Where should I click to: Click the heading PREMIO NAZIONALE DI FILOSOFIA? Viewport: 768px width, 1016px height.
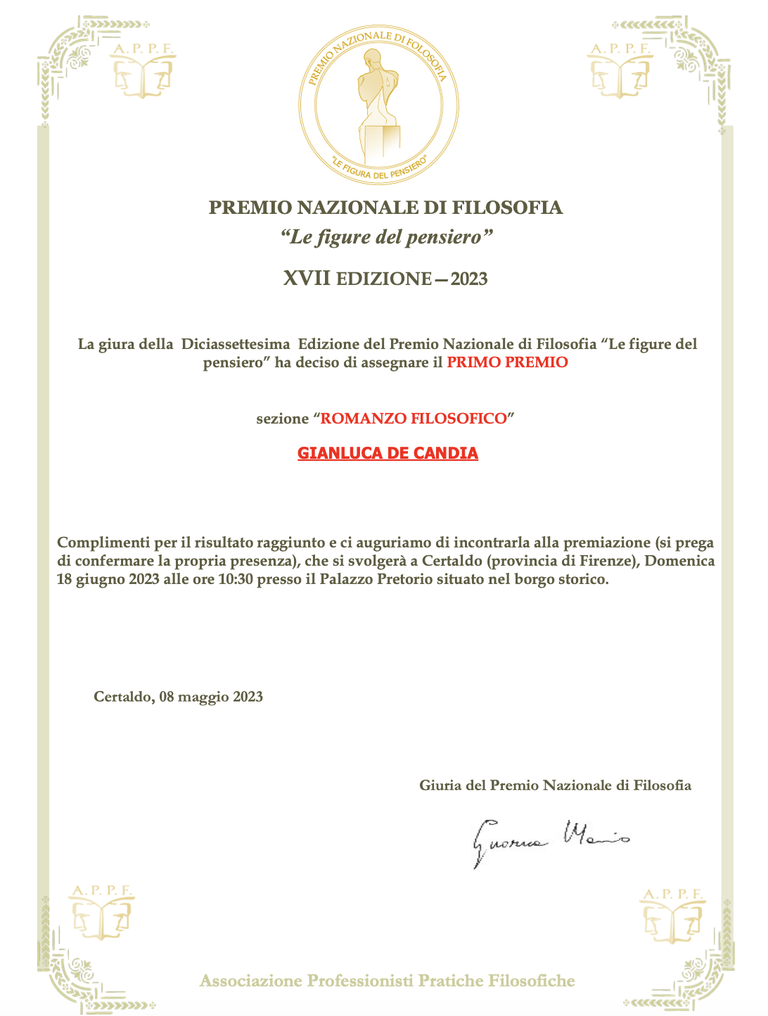pos(386,208)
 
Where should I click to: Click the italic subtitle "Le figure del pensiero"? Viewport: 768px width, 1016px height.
pos(385,236)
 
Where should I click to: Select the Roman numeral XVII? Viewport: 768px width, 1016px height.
pos(307,279)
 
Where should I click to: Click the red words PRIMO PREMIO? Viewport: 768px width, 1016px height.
pos(507,363)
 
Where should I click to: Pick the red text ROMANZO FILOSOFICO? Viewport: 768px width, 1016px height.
pos(414,419)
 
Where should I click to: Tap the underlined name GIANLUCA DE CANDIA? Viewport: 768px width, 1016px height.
pos(388,453)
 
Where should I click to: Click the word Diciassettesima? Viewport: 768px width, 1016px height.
pos(236,345)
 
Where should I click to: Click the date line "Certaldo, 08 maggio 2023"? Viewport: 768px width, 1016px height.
pos(179,697)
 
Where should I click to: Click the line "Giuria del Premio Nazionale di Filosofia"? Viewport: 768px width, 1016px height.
pos(555,785)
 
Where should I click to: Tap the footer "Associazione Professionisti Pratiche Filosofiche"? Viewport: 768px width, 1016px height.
pos(387,981)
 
